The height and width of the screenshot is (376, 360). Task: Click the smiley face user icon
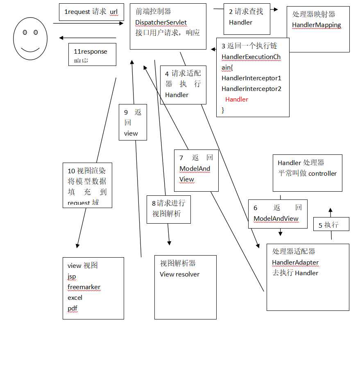(x=30, y=38)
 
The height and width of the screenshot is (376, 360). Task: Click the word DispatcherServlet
(x=161, y=22)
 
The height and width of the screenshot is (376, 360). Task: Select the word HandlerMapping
(x=316, y=25)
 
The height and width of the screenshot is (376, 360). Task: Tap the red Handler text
(x=237, y=99)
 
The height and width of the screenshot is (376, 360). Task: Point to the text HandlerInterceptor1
(x=251, y=78)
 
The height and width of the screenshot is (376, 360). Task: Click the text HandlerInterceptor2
(x=251, y=88)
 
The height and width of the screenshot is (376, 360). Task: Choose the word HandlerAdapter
(x=295, y=262)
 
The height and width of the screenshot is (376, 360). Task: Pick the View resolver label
(x=179, y=274)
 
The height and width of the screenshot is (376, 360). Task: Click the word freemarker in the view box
(x=84, y=287)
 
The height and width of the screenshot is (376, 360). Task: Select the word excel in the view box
(x=75, y=297)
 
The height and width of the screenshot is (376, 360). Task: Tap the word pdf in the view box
(x=72, y=308)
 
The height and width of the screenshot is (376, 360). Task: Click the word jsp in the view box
(x=72, y=276)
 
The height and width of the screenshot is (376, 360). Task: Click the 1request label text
(x=91, y=12)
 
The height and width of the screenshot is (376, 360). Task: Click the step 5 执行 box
(x=331, y=224)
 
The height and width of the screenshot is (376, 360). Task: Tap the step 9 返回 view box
(x=133, y=122)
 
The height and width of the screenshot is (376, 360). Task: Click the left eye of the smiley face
(x=25, y=32)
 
